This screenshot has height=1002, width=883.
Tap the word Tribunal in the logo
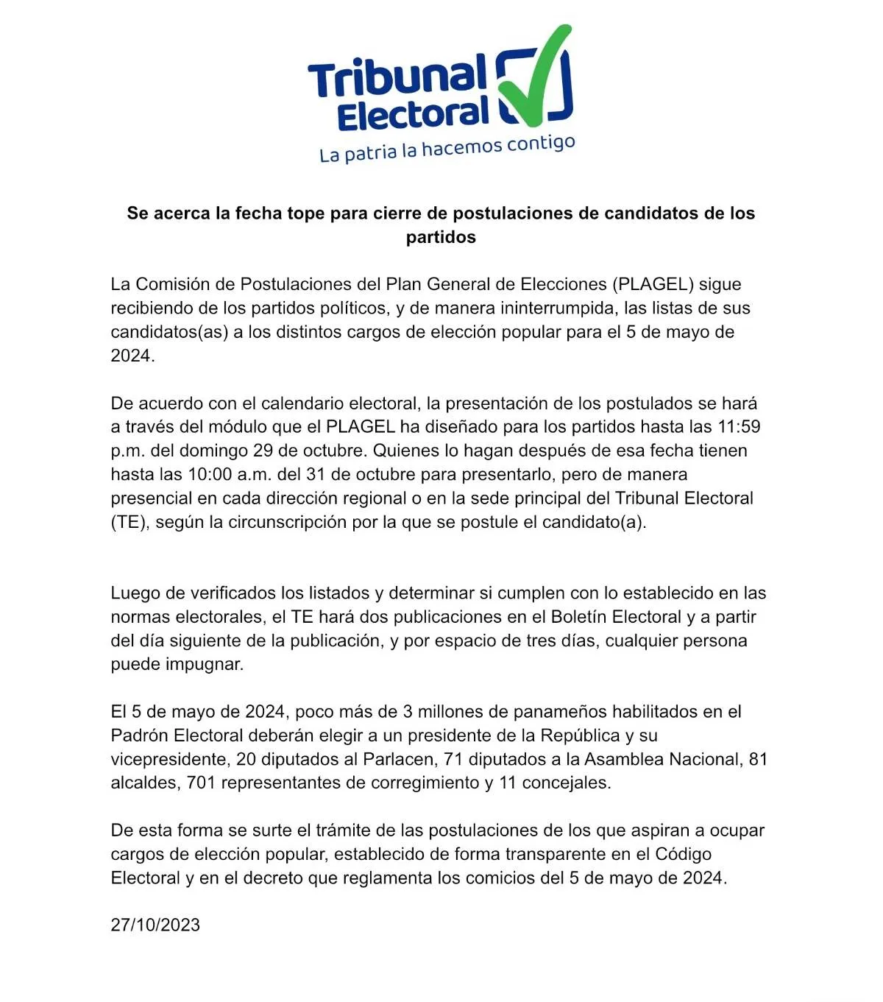397,77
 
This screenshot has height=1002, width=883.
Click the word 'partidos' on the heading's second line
441,237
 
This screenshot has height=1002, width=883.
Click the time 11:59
740,426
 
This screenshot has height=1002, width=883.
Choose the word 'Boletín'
579,617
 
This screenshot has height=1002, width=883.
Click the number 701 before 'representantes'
201,783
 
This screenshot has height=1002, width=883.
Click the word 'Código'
683,854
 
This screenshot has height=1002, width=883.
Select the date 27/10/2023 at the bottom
155,925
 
